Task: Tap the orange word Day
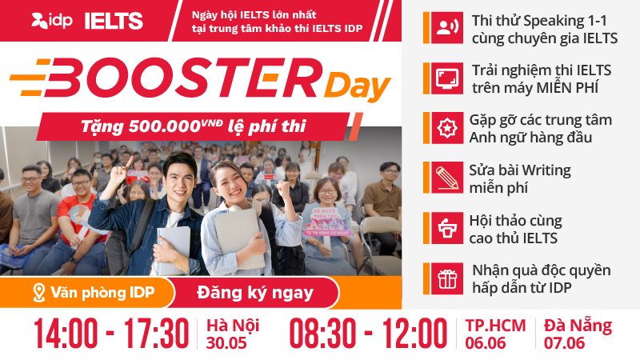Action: [x=357, y=86]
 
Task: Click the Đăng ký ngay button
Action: [x=255, y=293]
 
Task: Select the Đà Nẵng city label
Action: [x=578, y=325]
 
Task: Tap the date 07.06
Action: [x=564, y=343]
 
